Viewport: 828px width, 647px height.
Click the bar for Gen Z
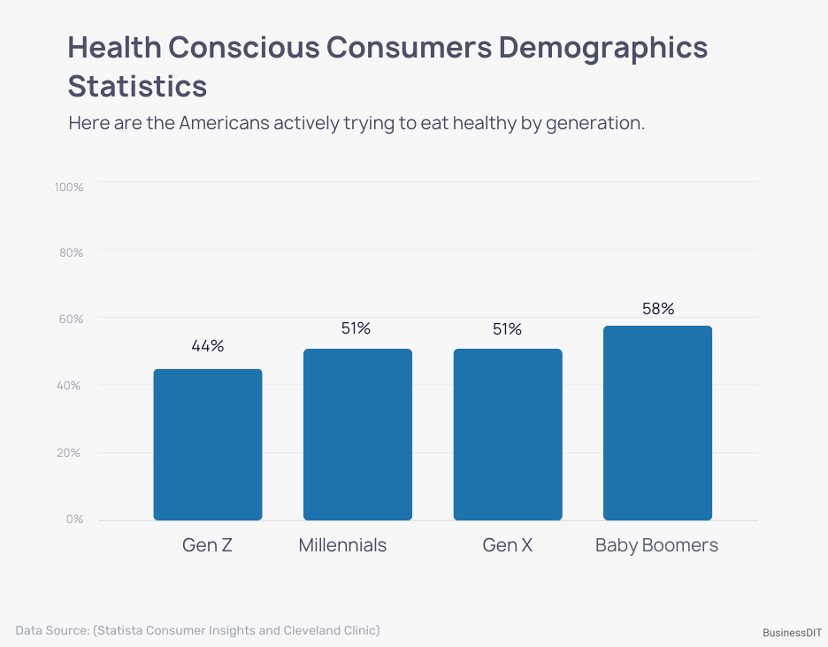coord(208,444)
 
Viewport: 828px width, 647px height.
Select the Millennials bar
coord(357,435)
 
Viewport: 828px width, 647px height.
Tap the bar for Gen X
coord(508,435)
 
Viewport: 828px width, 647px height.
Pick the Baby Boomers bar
coord(657,423)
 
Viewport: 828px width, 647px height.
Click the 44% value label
coord(208,346)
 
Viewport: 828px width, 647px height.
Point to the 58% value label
coord(658,309)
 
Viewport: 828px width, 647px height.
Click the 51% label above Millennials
coord(356,328)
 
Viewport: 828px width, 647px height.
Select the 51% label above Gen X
coord(508,329)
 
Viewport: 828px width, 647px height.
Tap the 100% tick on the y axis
coord(68,188)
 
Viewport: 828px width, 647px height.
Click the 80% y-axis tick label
coord(71,253)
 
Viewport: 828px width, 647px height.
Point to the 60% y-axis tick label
coord(71,320)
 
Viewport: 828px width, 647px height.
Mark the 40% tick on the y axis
coord(71,386)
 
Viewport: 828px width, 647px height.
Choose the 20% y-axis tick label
coord(71,453)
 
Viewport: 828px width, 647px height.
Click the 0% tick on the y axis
coord(73,520)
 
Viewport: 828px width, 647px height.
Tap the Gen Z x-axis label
coord(207,545)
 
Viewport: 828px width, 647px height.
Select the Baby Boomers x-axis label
coord(656,545)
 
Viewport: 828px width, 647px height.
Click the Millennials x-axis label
coord(342,545)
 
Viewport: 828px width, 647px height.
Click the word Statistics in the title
coord(138,87)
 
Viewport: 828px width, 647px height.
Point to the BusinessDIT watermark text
coord(792,633)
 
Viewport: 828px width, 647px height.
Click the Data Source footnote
coord(197,630)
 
